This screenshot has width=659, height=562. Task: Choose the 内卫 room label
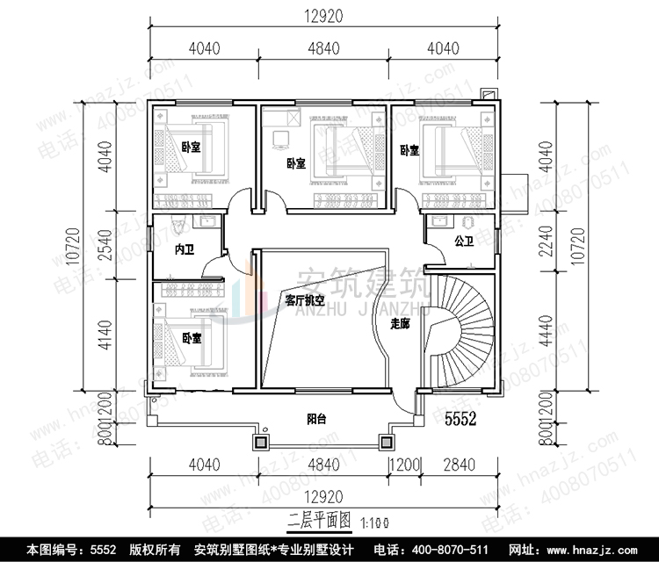click(x=184, y=251)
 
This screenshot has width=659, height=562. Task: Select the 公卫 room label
click(x=463, y=238)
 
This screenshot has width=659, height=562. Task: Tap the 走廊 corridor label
click(x=400, y=324)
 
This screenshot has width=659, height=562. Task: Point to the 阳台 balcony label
click(x=317, y=420)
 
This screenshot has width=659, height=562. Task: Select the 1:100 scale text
click(x=371, y=524)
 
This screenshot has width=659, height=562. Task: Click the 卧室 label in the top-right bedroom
click(x=409, y=150)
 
